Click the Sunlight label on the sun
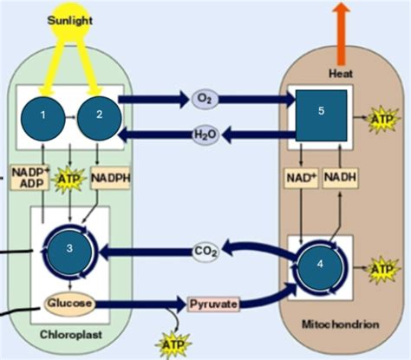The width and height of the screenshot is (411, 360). click(x=69, y=21)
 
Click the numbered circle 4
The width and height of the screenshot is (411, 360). click(x=320, y=265)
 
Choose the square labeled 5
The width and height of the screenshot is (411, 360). click(x=321, y=115)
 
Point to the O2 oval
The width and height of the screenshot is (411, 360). click(x=205, y=99)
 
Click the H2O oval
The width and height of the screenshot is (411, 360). click(x=205, y=135)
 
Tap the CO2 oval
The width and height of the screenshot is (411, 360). click(x=205, y=252)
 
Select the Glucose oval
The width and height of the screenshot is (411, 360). click(x=69, y=304)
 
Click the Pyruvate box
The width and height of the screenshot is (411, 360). click(x=213, y=304)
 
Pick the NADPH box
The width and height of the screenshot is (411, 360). click(x=110, y=178)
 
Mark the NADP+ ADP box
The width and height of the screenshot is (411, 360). click(x=29, y=178)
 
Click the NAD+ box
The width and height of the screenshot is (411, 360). click(x=301, y=178)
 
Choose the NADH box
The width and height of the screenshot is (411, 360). click(x=340, y=178)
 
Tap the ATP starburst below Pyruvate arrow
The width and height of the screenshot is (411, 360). click(x=173, y=345)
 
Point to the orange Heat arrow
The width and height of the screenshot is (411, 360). click(x=342, y=34)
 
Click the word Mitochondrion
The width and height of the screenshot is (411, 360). click(x=341, y=324)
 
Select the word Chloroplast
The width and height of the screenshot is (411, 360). click(x=71, y=335)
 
